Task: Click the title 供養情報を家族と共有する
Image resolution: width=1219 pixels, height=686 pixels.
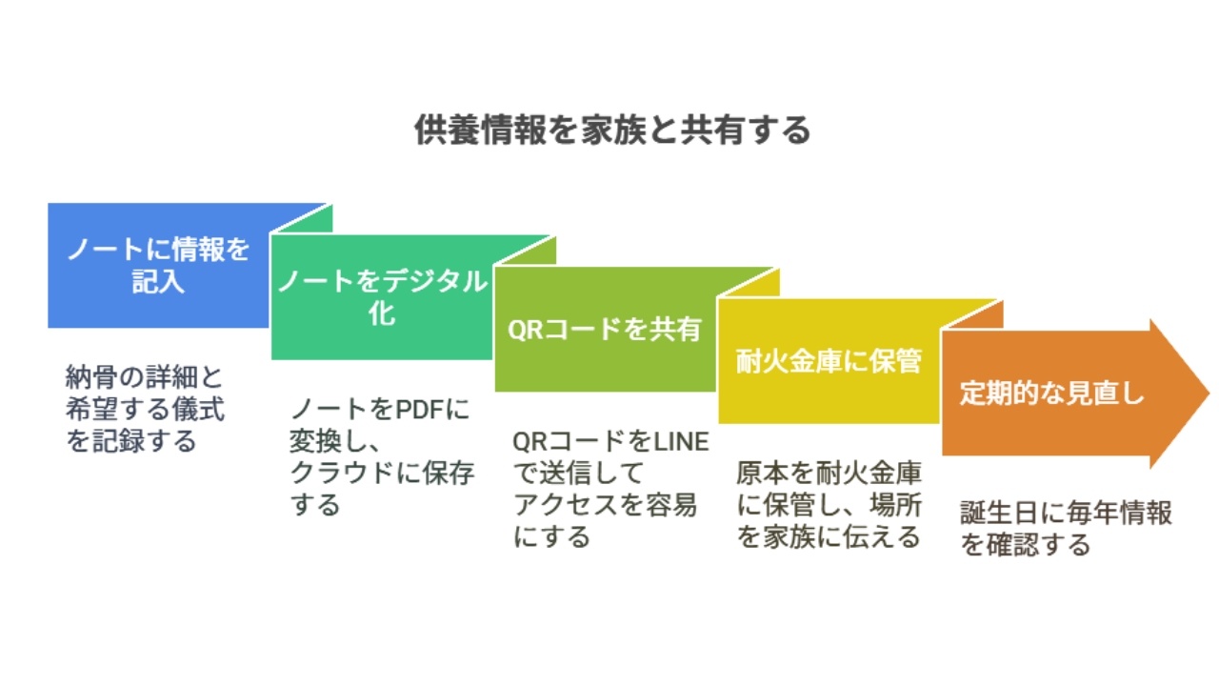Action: pos(612,131)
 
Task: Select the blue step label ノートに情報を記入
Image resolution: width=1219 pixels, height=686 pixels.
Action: pos(158,265)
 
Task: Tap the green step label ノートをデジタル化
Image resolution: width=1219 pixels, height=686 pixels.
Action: pos(383,296)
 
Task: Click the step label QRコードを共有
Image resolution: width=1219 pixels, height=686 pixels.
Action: pos(605,330)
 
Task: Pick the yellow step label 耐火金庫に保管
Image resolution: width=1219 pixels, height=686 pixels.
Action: pos(829,361)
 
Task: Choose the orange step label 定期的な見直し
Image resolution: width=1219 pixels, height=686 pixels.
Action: pos(1051,393)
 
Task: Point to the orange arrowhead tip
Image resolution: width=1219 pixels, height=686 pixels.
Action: pos(1209,393)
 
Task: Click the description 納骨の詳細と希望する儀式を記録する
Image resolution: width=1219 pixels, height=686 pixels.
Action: pos(145,409)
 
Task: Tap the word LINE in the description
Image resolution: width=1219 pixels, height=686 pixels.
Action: pos(681,441)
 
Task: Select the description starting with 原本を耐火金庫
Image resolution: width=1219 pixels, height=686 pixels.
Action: pos(829,505)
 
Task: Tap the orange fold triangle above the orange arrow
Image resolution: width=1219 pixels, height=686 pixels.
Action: pos(973,314)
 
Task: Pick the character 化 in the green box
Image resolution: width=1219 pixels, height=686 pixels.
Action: pos(382,313)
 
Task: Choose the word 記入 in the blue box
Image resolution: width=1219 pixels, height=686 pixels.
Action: pos(158,281)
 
